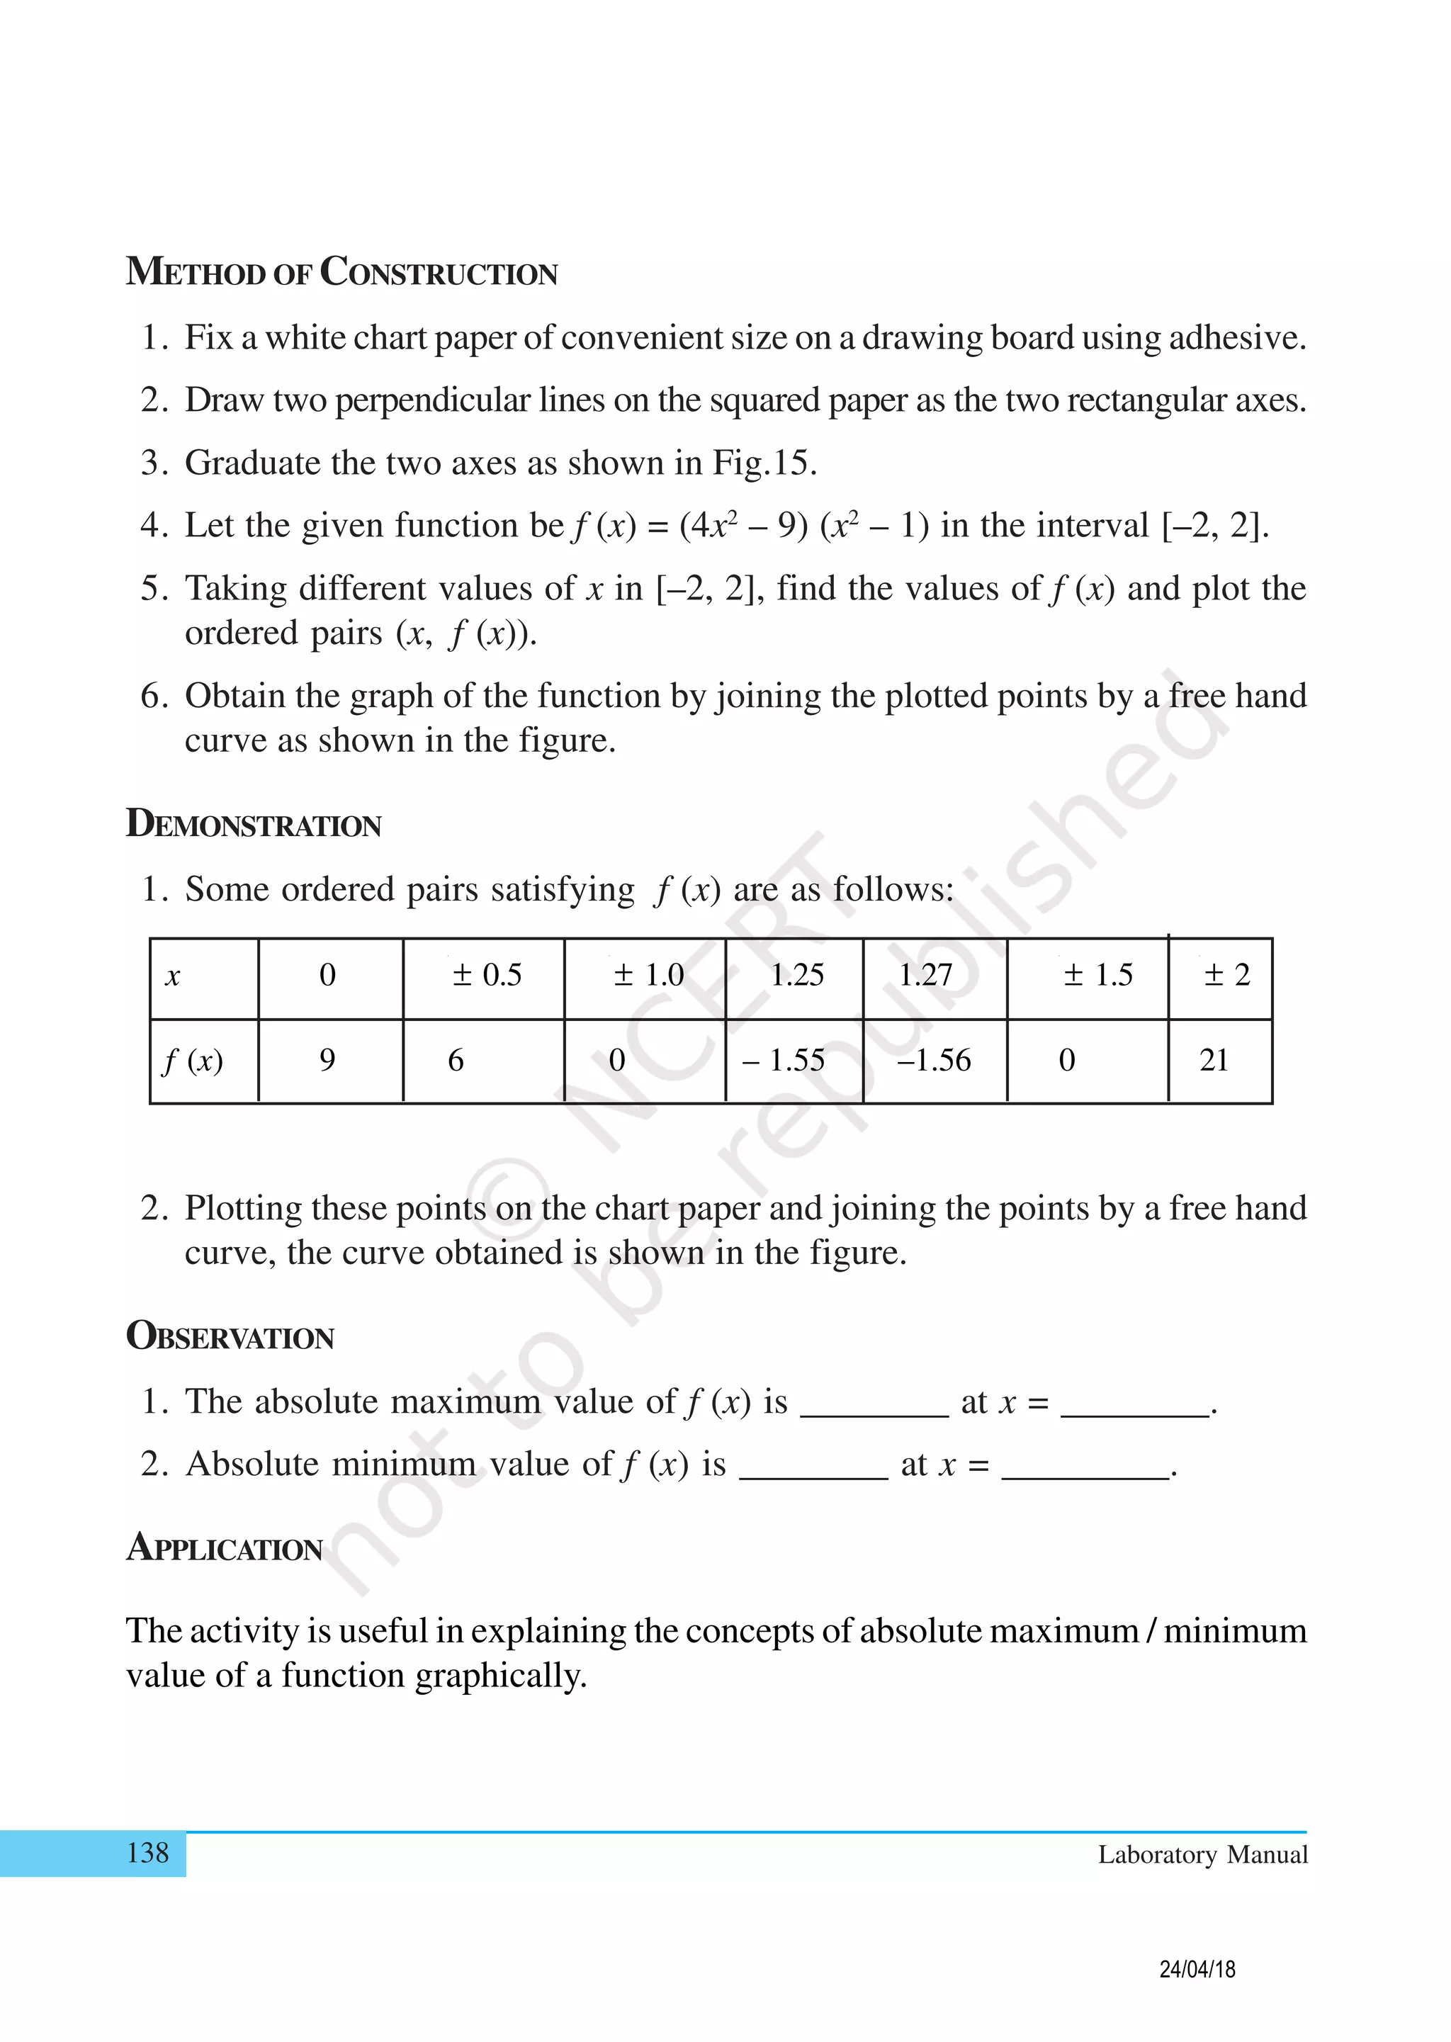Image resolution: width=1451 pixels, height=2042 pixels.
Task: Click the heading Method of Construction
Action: (341, 271)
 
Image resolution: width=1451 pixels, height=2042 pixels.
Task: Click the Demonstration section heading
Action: (254, 823)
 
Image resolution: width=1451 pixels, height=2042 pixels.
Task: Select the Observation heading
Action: (230, 1336)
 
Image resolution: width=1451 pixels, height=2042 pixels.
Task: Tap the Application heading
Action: (225, 1548)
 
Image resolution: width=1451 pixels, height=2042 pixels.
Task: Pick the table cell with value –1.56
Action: (934, 1060)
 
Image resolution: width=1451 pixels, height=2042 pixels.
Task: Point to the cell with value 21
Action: (1214, 1060)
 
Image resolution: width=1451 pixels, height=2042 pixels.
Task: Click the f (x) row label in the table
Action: (193, 1060)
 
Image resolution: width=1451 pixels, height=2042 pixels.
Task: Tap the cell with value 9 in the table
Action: (327, 1060)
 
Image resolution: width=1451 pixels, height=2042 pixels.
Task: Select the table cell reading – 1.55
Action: (784, 1060)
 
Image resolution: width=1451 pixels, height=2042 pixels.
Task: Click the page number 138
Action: (147, 1853)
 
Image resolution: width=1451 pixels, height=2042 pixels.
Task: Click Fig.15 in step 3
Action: (762, 463)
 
